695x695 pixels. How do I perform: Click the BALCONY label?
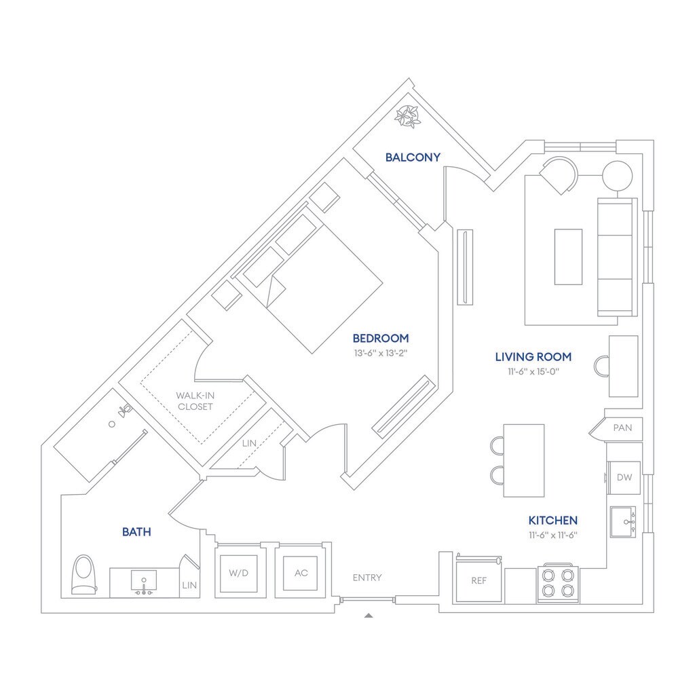[x=413, y=157]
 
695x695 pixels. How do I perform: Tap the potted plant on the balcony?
[x=408, y=117]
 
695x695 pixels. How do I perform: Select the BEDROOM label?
[x=380, y=338]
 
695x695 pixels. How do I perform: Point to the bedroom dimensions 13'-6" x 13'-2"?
[x=380, y=353]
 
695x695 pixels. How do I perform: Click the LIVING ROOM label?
[x=533, y=356]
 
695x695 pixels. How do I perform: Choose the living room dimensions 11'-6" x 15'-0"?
[x=533, y=371]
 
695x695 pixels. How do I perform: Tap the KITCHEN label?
[x=553, y=521]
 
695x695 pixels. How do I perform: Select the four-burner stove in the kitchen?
[x=558, y=583]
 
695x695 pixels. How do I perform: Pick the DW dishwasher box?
[x=624, y=478]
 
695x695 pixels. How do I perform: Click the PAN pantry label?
[x=622, y=428]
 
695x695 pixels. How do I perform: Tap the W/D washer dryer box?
[x=238, y=573]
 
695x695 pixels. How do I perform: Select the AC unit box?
[x=301, y=573]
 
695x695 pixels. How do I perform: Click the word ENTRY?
[x=367, y=578]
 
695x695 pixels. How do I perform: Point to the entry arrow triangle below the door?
[x=369, y=616]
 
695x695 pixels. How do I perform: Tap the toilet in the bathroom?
[x=83, y=576]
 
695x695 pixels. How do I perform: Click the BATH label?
[x=136, y=532]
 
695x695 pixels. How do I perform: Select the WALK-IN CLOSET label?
[x=195, y=401]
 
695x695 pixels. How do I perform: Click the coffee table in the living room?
[x=568, y=257]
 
